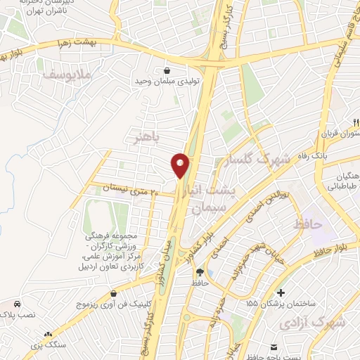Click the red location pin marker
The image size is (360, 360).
pos(181,165)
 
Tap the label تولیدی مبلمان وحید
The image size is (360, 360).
pos(167,81)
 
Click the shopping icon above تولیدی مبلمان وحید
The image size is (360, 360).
pos(167,70)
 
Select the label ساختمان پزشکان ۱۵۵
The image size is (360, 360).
pos(281,303)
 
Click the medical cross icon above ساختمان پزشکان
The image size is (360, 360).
pos(281,292)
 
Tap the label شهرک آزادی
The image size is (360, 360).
pos(313,323)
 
